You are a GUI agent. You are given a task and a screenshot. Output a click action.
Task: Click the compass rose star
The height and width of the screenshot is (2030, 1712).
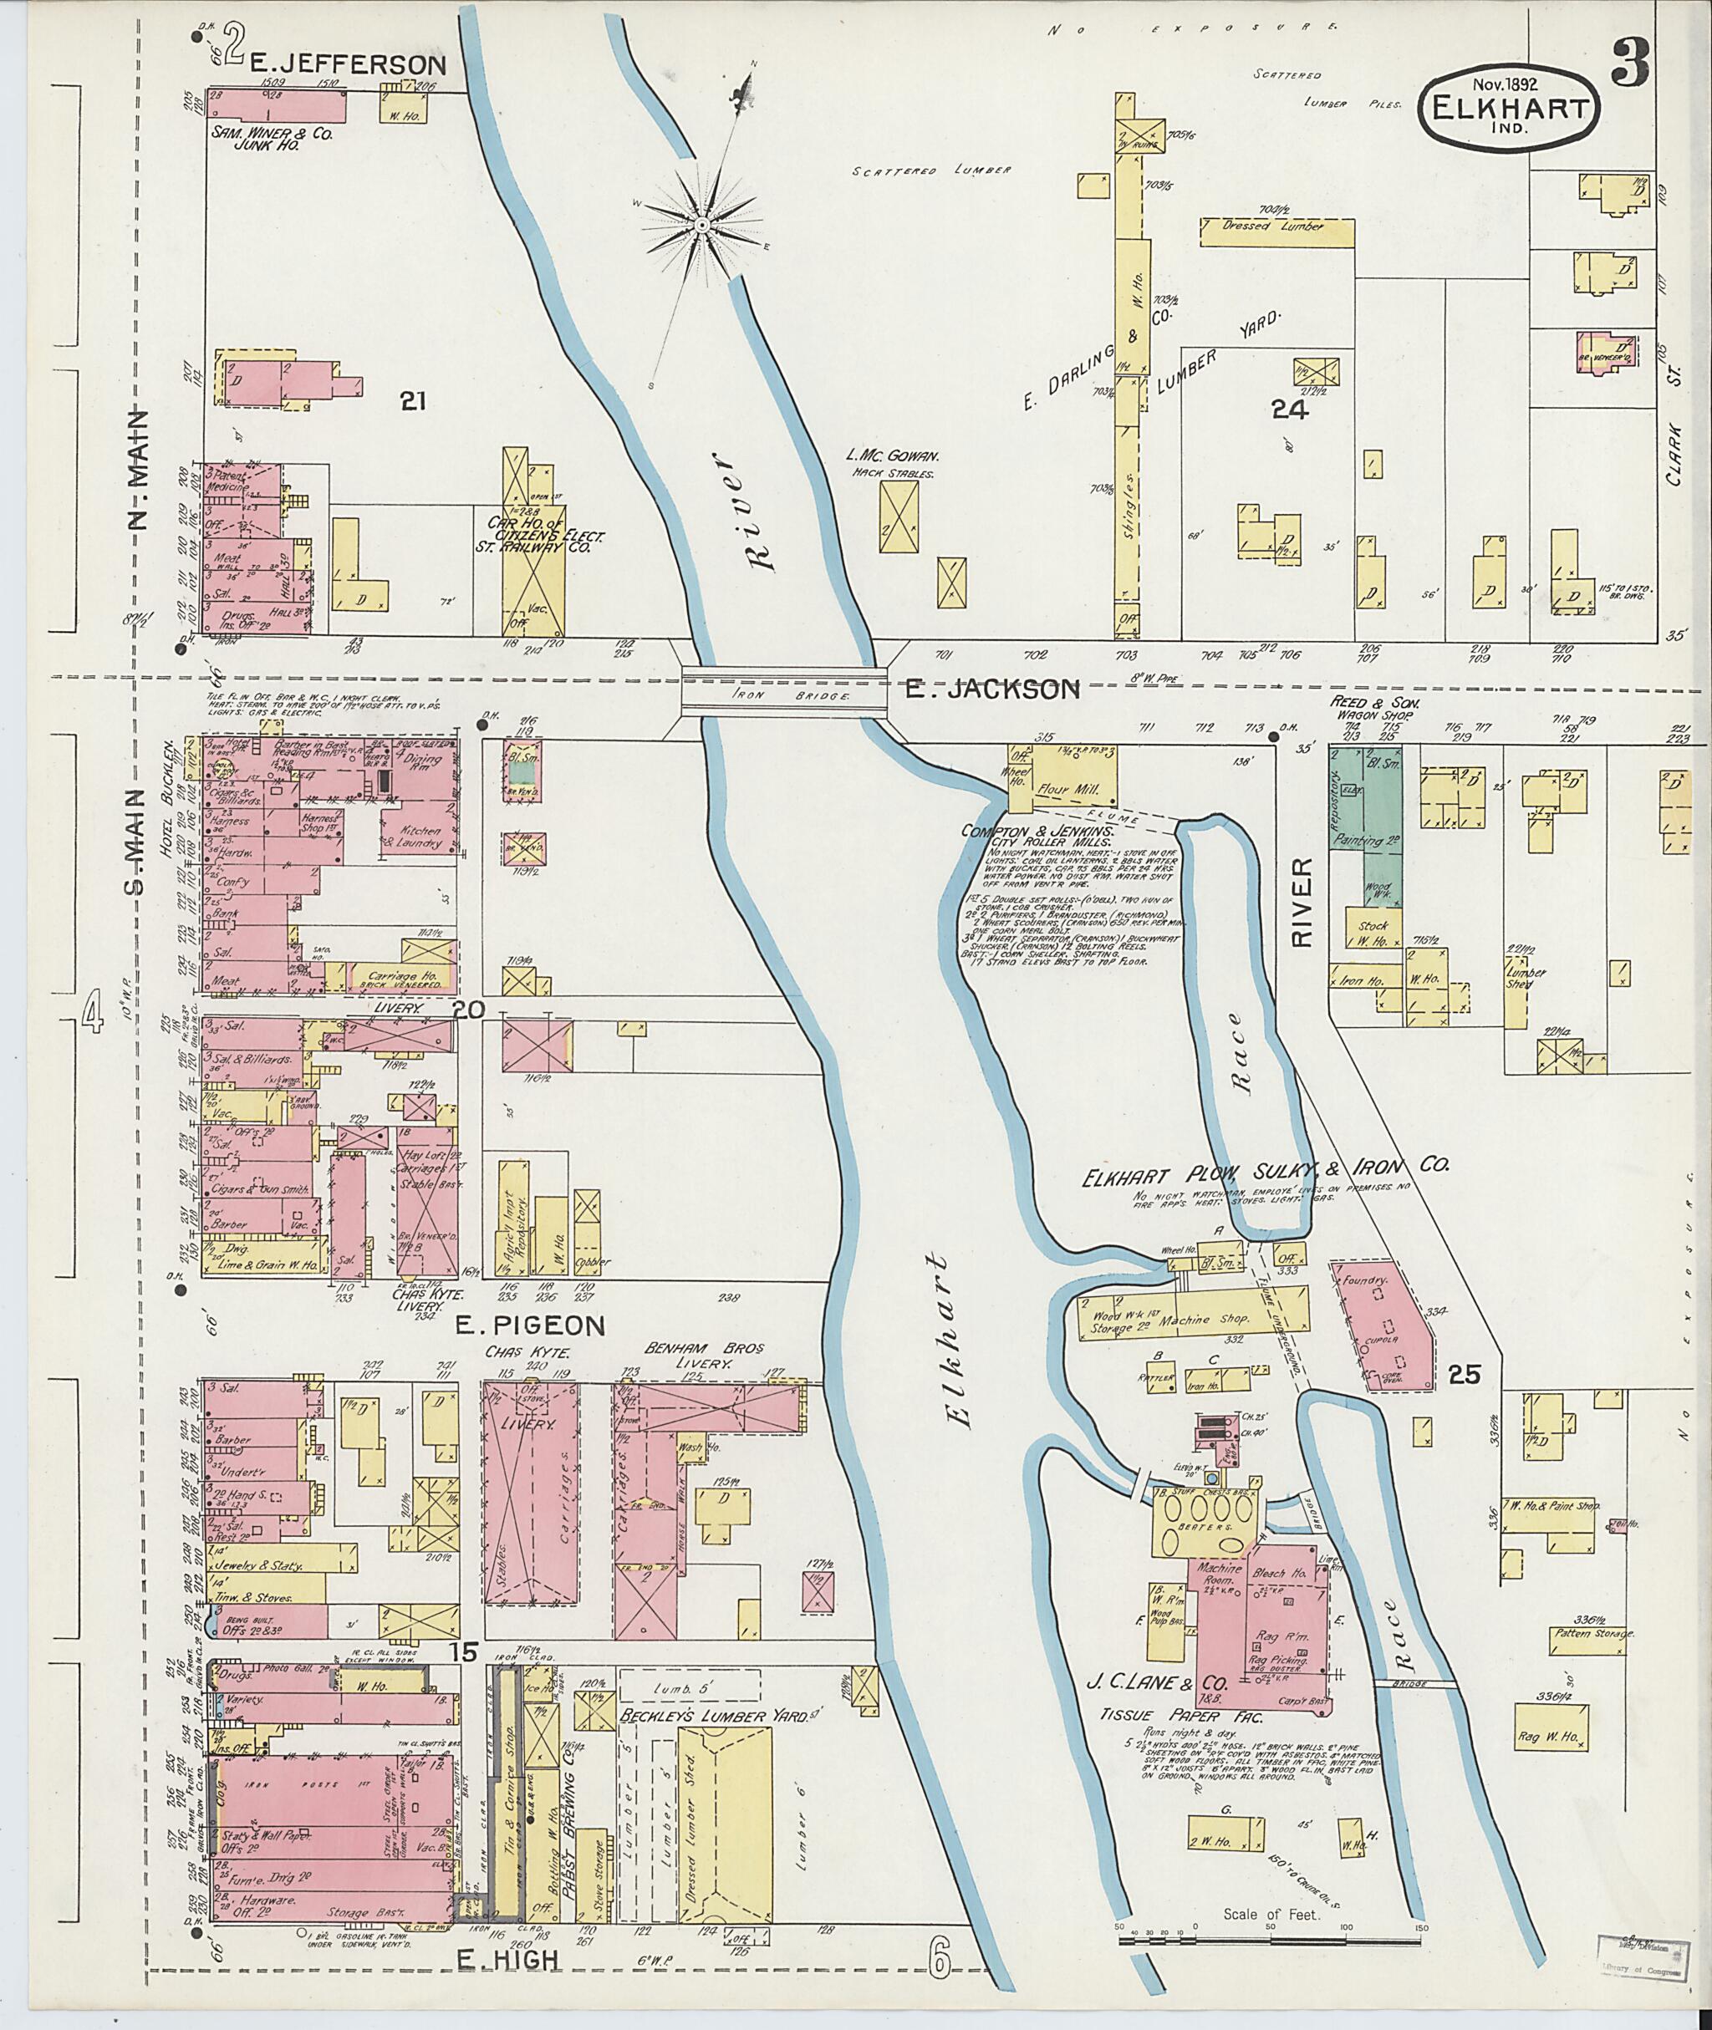tap(701, 225)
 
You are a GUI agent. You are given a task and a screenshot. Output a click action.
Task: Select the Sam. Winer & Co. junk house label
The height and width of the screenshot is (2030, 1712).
tap(269, 140)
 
